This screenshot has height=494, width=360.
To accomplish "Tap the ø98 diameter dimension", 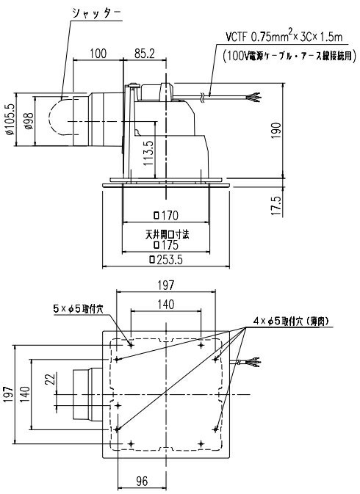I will point(27,121).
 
